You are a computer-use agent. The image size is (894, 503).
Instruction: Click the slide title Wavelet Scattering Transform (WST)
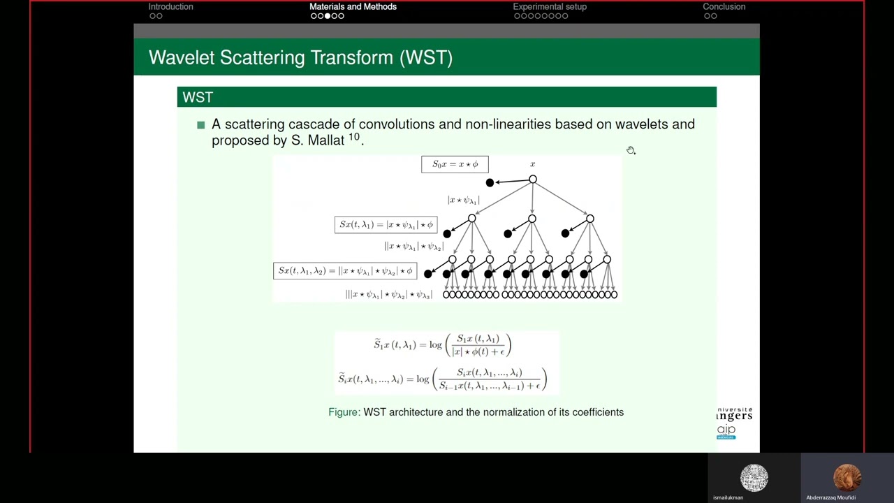300,57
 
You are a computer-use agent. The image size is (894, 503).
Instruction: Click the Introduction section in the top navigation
170,7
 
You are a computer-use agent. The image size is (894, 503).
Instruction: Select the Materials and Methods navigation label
353,7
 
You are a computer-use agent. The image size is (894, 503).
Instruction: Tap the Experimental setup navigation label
550,7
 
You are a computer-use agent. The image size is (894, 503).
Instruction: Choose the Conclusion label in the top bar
724,7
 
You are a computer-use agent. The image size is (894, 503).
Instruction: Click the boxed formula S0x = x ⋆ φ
455,164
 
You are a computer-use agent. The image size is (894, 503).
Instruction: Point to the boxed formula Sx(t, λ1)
386,224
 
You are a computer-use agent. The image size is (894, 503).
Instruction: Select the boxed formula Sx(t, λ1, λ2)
345,270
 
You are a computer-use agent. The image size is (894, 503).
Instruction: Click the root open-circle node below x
533,180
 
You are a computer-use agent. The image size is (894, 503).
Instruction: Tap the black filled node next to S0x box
490,182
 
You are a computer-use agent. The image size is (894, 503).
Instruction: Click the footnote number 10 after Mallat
354,137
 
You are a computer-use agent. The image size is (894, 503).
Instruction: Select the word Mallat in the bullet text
325,140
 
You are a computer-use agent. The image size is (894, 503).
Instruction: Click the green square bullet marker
201,124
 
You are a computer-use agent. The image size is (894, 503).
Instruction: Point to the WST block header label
198,97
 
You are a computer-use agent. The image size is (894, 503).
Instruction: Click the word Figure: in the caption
344,412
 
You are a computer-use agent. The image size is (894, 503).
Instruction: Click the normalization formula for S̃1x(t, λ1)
442,344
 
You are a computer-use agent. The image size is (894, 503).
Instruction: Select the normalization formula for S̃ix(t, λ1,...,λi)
442,379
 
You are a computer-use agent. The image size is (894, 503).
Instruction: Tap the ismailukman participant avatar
754,478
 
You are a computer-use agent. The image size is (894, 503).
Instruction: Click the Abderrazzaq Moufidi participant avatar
847,478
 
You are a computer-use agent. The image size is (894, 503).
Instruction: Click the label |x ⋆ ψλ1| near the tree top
464,201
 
